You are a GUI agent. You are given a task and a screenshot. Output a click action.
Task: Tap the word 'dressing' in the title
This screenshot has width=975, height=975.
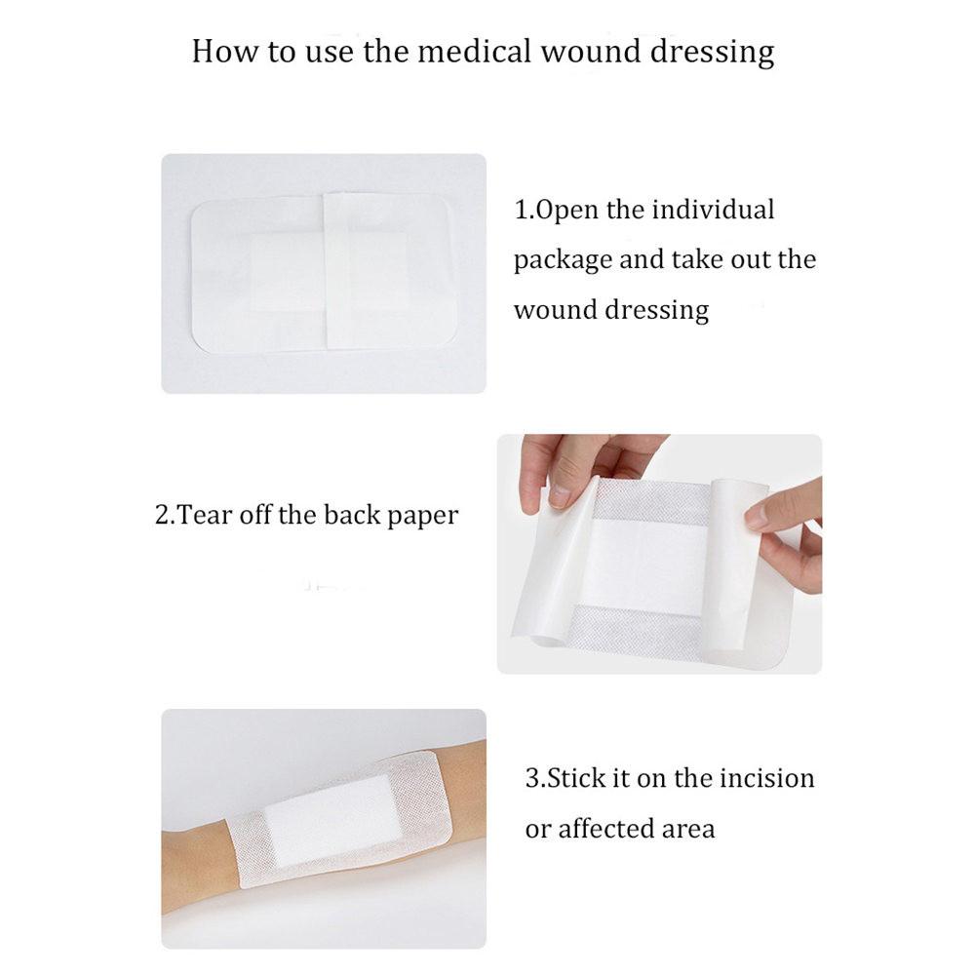point(715,52)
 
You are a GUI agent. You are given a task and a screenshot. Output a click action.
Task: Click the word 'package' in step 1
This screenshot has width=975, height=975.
point(563,261)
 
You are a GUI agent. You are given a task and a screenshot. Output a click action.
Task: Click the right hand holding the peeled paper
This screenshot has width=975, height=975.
point(790,531)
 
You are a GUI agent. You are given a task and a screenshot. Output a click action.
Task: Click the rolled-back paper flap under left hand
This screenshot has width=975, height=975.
point(551,575)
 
